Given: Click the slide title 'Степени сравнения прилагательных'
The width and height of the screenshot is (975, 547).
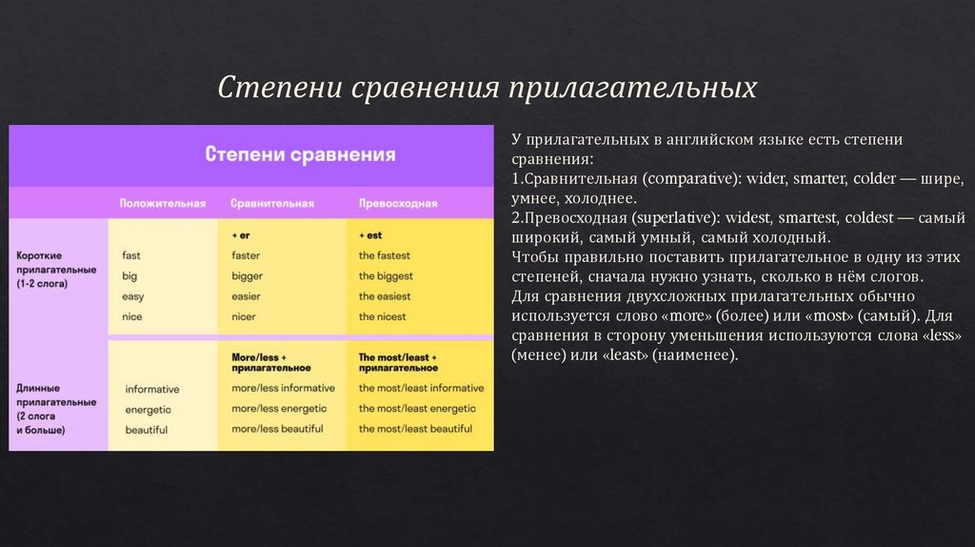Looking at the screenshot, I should pyautogui.click(x=487, y=88).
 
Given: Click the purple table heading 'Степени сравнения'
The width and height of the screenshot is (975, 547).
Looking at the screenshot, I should pyautogui.click(x=301, y=153).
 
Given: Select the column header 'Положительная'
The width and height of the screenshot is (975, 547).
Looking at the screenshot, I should pyautogui.click(x=162, y=204).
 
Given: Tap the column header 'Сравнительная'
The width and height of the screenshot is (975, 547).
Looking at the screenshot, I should pyautogui.click(x=272, y=204).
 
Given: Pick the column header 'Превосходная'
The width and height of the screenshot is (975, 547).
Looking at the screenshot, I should pyautogui.click(x=398, y=204).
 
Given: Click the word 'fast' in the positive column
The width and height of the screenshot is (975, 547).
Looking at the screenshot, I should pyautogui.click(x=131, y=255).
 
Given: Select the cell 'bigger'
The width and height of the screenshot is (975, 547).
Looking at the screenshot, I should pyautogui.click(x=247, y=276).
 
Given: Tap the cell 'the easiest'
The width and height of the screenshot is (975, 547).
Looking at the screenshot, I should pyautogui.click(x=385, y=296).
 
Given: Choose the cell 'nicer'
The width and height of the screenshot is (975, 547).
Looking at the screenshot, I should pyautogui.click(x=245, y=316).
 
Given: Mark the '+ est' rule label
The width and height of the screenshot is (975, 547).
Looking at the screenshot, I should pyautogui.click(x=370, y=234).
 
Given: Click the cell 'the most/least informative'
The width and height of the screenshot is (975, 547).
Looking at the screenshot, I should pyautogui.click(x=421, y=388).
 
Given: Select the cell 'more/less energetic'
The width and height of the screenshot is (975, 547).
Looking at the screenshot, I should pyautogui.click(x=278, y=408).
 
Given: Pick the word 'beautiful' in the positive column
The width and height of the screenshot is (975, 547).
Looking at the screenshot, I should pyautogui.click(x=146, y=430).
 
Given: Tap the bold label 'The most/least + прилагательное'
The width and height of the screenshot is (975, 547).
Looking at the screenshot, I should pyautogui.click(x=398, y=362).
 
